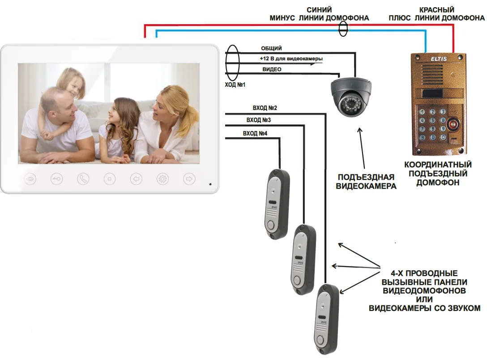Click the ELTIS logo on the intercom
(x=439, y=58)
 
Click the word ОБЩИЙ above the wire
(x=271, y=48)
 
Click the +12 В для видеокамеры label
(x=291, y=59)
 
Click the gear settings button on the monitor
(x=162, y=179)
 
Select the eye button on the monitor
(x=30, y=179)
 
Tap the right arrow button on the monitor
(x=189, y=179)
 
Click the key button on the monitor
(x=56, y=179)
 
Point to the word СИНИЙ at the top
(x=319, y=10)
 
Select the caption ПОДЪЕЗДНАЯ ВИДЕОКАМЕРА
(x=366, y=181)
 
